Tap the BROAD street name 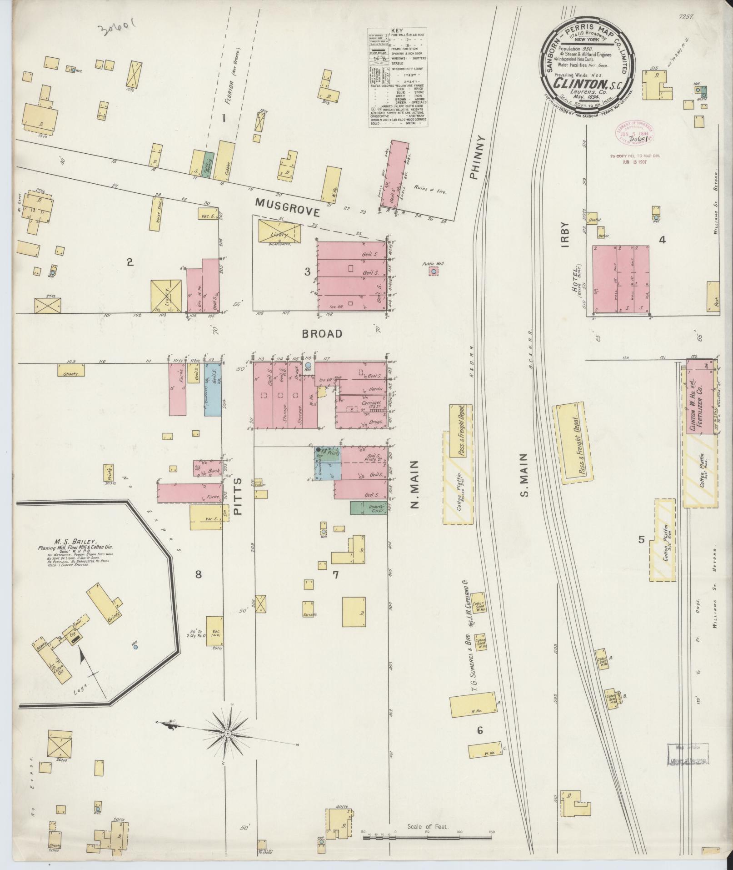[x=322, y=334]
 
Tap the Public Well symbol [x=434, y=272]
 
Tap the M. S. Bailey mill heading [x=75, y=542]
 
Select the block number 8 [x=198, y=574]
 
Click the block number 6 [x=479, y=731]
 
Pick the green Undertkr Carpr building [x=368, y=508]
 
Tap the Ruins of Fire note [x=430, y=191]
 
